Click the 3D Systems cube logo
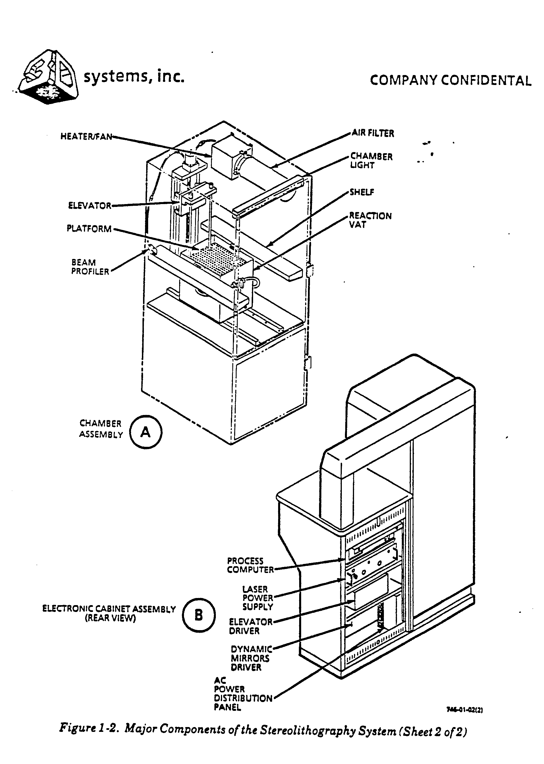pyautogui.click(x=49, y=77)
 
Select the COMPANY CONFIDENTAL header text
pyautogui.click(x=450, y=81)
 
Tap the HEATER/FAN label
pyautogui.click(x=86, y=137)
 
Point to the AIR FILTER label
pyautogui.click(x=373, y=133)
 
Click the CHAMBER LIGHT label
pyautogui.click(x=371, y=161)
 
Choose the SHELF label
pyautogui.click(x=362, y=192)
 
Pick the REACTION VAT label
pyautogui.click(x=371, y=220)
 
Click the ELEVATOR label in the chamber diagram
pyautogui.click(x=90, y=205)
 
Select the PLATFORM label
pyautogui.click(x=89, y=229)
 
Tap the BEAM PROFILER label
pyautogui.click(x=90, y=267)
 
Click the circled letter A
pyautogui.click(x=146, y=432)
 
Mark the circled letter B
pyautogui.click(x=199, y=615)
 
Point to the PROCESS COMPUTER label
pyautogui.click(x=251, y=565)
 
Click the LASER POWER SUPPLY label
pyautogui.click(x=258, y=598)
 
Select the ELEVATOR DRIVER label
pyautogui.click(x=251, y=626)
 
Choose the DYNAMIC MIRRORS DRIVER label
pyautogui.click(x=251, y=658)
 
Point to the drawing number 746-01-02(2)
pyautogui.click(x=464, y=709)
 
